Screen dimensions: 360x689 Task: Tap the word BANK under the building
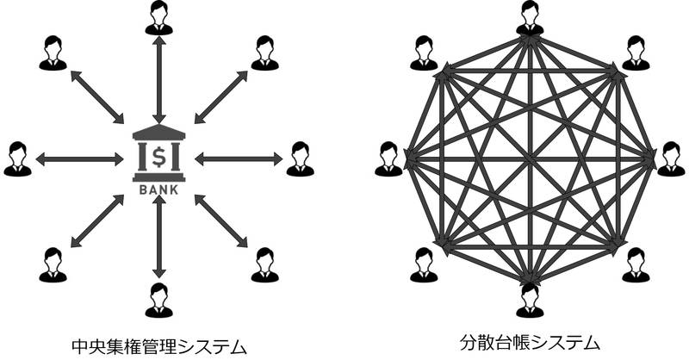pos(158,189)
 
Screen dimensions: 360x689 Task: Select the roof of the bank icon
pos(158,132)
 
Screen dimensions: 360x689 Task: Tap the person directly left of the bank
pos(17,158)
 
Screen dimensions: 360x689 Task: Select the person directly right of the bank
pos(300,158)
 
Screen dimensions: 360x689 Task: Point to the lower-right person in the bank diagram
pos(264,264)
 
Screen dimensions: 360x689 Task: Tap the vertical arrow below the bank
pos(158,237)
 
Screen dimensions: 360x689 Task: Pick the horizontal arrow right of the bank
pos(239,158)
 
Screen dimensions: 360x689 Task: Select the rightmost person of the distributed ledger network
pos(670,158)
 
